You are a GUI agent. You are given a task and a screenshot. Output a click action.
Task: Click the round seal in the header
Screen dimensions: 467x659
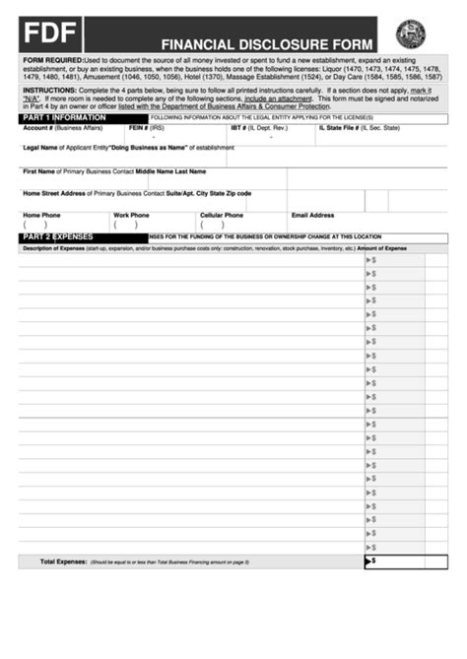pos(410,34)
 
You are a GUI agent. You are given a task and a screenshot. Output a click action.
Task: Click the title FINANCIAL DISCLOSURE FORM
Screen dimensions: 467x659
pos(268,43)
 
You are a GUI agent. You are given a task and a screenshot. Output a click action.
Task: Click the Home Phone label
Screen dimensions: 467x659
pos(41,215)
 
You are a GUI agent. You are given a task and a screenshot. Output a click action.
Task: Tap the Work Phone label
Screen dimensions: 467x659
pos(131,215)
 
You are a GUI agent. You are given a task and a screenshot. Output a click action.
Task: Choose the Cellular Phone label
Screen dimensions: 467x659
pos(222,215)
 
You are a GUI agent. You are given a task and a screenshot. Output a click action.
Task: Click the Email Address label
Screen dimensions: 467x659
pos(312,215)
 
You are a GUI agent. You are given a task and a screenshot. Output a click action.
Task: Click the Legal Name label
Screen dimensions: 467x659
pos(43,148)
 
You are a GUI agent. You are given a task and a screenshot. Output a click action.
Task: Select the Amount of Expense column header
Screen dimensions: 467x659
pos(381,248)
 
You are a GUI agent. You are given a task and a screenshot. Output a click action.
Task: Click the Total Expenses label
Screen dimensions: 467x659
pos(63,561)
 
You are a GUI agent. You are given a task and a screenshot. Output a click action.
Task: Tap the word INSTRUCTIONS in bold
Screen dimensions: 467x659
pos(49,89)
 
